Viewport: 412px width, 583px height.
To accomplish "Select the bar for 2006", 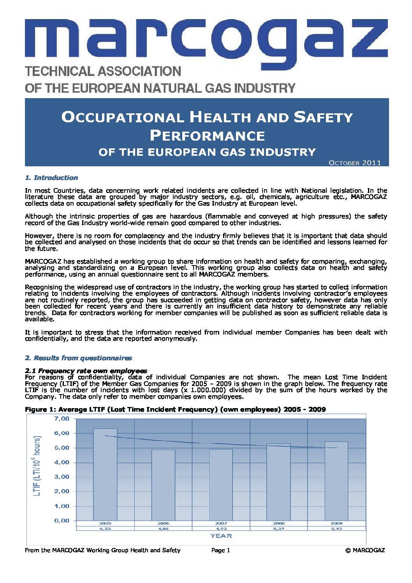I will (163, 485).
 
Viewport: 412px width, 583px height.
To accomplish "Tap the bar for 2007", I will (221, 484).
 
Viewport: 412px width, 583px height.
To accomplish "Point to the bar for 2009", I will (336, 481).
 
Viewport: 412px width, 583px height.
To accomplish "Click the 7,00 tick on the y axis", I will (61, 419).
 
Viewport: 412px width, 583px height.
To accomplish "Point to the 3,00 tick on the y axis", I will (61, 477).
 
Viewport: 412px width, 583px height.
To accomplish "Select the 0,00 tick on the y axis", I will (61, 520).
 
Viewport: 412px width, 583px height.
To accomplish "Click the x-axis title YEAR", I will (221, 536).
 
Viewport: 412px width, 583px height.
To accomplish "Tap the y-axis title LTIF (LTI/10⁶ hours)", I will (37, 466).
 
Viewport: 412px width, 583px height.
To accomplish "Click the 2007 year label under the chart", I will (221, 523).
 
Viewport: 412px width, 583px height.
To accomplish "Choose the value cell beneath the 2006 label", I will (163, 528).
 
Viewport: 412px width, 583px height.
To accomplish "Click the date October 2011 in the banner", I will (355, 163).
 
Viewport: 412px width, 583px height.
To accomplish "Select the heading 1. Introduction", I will (51, 178).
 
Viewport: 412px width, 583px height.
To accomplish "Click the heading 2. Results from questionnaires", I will (78, 358).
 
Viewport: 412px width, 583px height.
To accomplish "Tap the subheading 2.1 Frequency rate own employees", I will (86, 371).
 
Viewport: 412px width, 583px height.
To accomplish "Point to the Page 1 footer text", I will (221, 550).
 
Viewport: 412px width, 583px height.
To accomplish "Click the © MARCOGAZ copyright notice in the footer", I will (365, 550).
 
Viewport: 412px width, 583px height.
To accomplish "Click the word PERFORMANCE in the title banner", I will (207, 136).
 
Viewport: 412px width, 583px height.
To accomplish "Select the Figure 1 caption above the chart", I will (175, 409).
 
